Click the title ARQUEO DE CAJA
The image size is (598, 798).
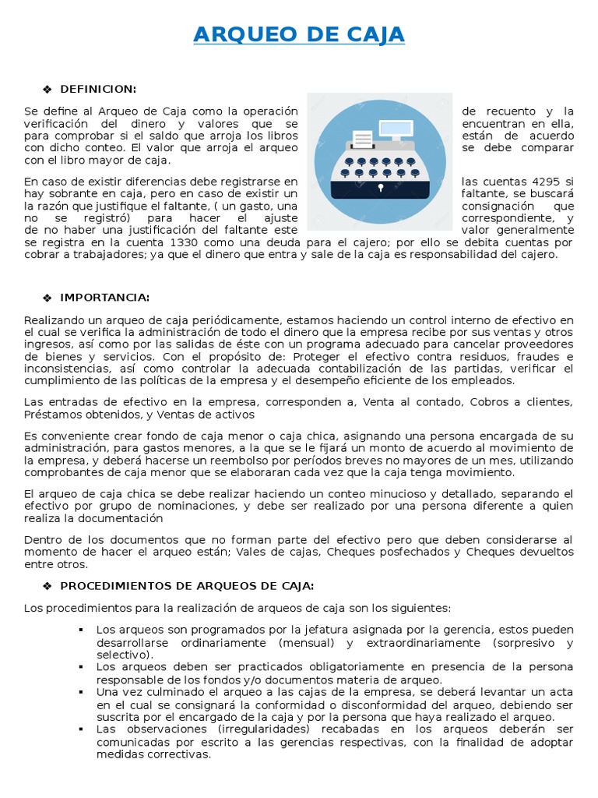299,35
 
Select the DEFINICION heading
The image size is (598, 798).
98,88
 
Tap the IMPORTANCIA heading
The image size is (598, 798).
105,297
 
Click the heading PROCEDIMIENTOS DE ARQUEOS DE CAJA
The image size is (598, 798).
187,585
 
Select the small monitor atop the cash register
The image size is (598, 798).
401,129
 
